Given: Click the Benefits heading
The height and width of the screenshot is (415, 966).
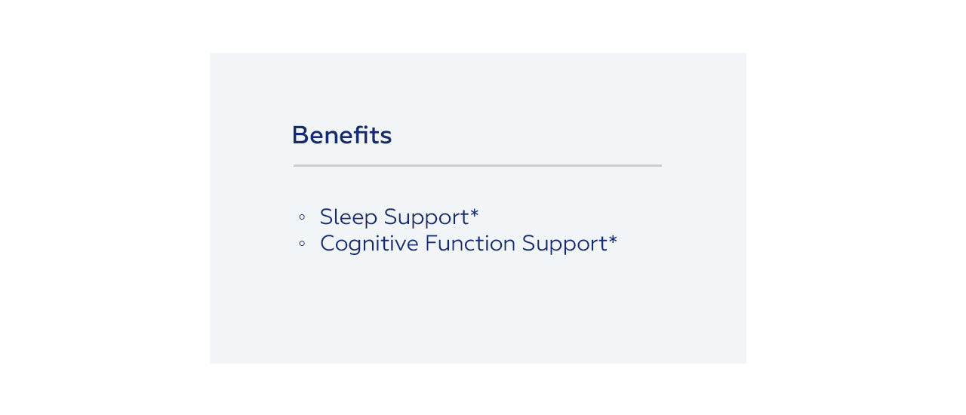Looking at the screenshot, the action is click(342, 135).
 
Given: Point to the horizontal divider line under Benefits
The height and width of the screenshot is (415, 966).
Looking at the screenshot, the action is click(478, 165).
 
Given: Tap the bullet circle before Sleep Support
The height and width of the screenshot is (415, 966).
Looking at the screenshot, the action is click(302, 217).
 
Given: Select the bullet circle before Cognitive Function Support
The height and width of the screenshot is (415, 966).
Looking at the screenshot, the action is click(302, 243).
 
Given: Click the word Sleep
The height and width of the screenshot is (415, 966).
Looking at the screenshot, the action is click(349, 217).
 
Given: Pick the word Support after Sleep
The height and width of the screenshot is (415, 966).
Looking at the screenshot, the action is click(426, 217).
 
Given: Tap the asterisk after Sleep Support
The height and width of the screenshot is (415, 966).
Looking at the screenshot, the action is click(475, 212).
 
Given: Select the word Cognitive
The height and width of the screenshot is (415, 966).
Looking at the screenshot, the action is click(369, 244).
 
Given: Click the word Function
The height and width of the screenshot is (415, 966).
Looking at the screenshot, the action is click(470, 243).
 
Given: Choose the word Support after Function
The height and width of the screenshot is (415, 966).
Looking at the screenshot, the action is click(565, 244).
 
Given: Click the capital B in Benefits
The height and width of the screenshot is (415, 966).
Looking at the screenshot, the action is click(300, 135).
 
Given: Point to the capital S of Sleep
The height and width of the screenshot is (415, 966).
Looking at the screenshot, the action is click(327, 217).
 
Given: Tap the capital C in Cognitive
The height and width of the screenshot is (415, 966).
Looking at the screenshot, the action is click(328, 243).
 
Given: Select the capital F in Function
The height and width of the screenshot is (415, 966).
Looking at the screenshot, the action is click(431, 243).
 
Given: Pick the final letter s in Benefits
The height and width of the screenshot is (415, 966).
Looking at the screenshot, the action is click(386, 138).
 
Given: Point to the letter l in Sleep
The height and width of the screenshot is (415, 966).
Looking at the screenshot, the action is click(337, 216).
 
